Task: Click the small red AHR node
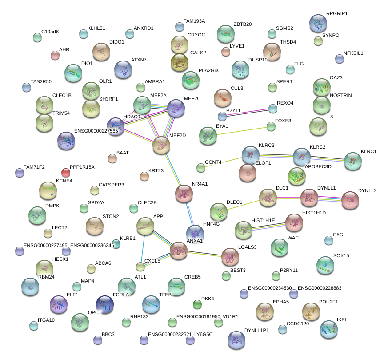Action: [55, 55]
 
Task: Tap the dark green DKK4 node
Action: [197, 304]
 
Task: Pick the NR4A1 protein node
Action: [184, 193]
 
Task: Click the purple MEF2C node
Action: [176, 109]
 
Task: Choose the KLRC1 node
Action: [353, 161]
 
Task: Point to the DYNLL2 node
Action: [350, 200]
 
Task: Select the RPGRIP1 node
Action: [318, 24]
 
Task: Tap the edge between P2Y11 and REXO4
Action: [248, 112]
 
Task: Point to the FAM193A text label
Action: [194, 21]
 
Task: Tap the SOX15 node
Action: [326, 266]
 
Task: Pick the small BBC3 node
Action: [98, 340]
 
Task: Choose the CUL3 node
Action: [223, 97]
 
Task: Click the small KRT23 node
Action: [144, 176]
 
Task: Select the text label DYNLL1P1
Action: [256, 330]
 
